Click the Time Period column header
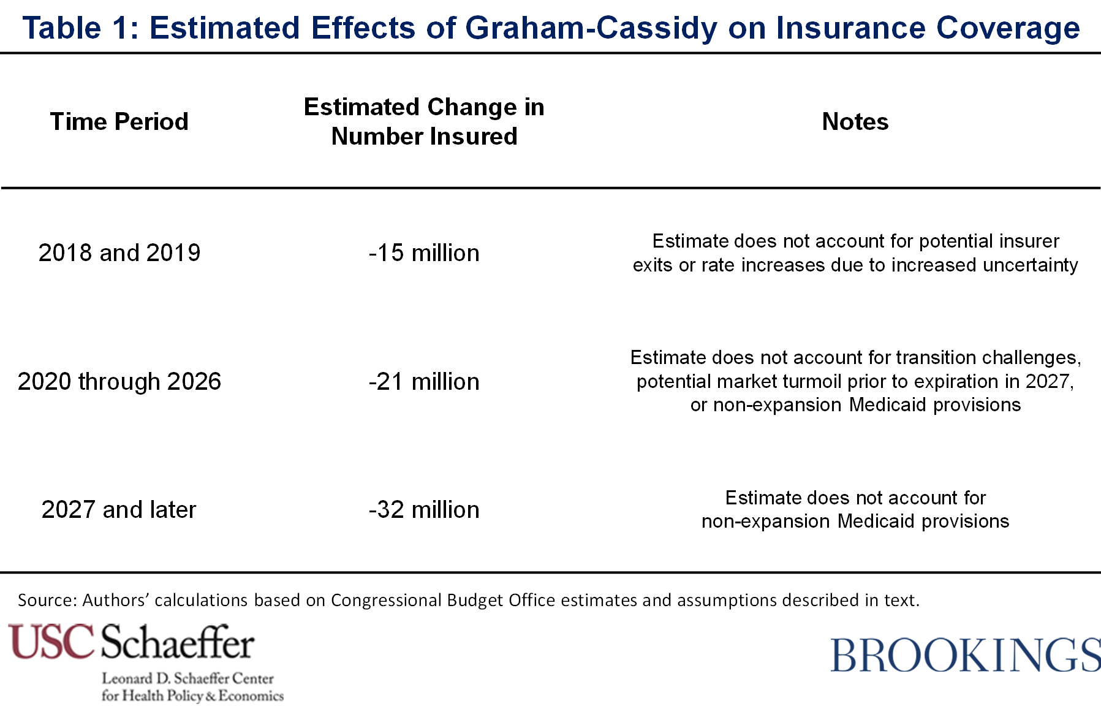[x=119, y=121]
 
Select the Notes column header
[x=855, y=121]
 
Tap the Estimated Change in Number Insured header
[x=424, y=121]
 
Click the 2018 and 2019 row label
[x=119, y=252]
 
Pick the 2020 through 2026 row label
[x=119, y=381]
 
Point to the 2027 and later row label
[x=119, y=509]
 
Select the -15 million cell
[x=424, y=252]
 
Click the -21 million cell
[x=424, y=381]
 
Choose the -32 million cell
[x=424, y=509]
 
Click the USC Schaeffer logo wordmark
[x=131, y=642]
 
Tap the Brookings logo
[x=965, y=655]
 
